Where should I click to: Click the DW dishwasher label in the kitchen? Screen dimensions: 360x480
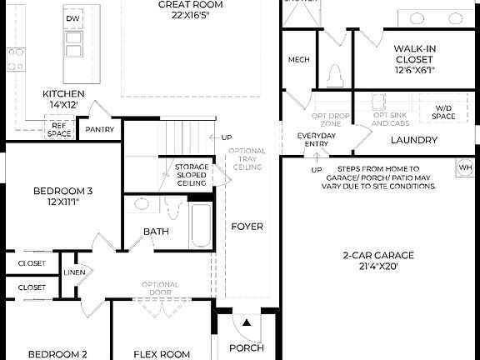tap(73, 18)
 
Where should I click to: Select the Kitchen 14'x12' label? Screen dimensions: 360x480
tap(63, 99)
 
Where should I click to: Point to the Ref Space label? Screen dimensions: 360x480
tap(58, 129)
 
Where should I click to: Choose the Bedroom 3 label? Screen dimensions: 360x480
tap(63, 197)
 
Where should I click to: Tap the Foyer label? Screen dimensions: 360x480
tap(247, 227)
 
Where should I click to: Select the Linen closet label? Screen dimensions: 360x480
tap(73, 272)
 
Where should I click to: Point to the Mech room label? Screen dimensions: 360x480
tap(298, 60)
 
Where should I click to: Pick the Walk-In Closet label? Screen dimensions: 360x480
tap(414, 59)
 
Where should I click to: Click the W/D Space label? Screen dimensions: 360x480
tap(443, 112)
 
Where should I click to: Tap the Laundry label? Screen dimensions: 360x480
tap(414, 141)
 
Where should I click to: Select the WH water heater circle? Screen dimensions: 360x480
tap(465, 168)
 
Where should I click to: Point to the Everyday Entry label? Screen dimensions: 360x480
tap(317, 139)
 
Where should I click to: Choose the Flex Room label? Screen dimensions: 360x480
tap(162, 354)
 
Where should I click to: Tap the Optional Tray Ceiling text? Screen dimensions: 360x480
tap(247, 159)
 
